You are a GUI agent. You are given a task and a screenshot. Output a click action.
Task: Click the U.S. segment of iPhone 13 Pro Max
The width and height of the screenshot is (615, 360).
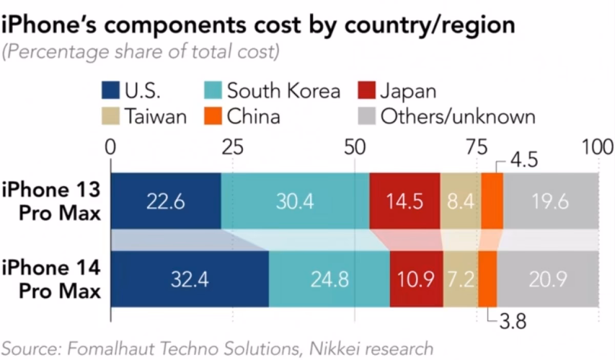click(x=166, y=201)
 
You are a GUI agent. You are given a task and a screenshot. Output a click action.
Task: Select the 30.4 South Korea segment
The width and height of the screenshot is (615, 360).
click(x=295, y=201)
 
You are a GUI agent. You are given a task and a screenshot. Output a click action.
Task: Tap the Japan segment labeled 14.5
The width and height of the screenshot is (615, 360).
click(x=404, y=201)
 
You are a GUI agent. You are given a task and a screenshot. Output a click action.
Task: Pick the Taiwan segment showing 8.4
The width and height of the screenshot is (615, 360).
click(x=460, y=201)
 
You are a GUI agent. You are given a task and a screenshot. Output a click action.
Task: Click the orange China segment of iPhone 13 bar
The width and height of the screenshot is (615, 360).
click(x=492, y=201)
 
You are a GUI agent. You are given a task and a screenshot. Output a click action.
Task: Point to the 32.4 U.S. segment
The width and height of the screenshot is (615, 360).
click(x=189, y=279)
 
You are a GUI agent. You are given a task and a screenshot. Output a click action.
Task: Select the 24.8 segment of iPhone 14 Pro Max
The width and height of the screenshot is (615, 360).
click(x=329, y=279)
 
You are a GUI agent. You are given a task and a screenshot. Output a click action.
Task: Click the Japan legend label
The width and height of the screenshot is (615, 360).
click(x=408, y=91)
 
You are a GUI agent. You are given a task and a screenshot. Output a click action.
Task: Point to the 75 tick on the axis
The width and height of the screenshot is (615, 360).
click(x=477, y=148)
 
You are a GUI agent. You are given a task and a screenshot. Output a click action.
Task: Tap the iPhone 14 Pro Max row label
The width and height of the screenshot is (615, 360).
click(x=51, y=279)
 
